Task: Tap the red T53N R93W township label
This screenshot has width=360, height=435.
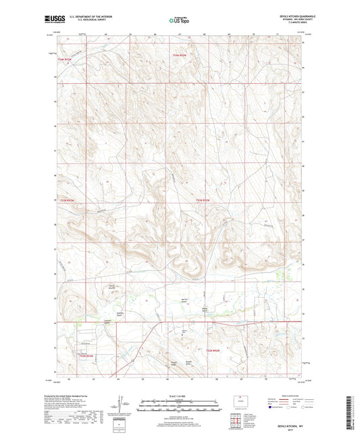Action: (64, 61)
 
